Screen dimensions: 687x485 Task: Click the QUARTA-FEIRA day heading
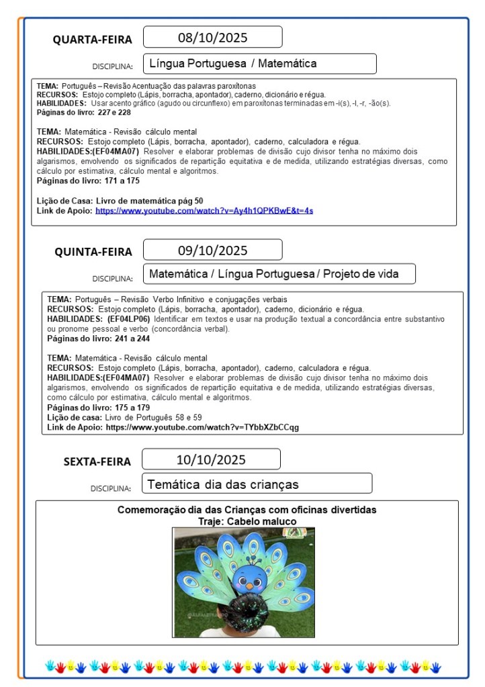coord(93,40)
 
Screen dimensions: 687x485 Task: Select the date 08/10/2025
coord(212,37)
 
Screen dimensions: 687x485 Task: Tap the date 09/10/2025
coord(212,250)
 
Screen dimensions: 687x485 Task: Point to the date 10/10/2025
coord(211,460)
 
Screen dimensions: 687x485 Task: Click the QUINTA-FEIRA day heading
coord(93,252)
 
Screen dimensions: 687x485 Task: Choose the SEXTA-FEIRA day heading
coord(97,461)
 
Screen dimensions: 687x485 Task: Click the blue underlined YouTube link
coord(204,211)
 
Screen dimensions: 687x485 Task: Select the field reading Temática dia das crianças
coord(257,484)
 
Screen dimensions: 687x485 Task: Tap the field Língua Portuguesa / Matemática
coord(259,64)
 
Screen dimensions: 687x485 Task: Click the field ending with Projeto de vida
coord(279,274)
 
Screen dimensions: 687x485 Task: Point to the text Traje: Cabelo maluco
coord(247,521)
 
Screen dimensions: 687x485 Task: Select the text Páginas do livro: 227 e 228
coord(84,113)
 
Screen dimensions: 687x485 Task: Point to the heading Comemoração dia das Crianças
coord(247,510)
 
